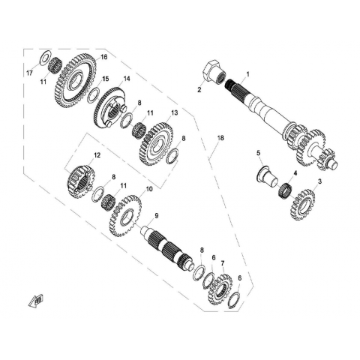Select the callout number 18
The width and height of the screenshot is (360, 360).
click(x=220, y=138)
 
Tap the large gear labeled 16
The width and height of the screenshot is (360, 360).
click(x=75, y=80)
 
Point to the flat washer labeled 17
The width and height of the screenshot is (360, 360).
click(x=46, y=58)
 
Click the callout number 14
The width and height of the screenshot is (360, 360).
click(x=127, y=79)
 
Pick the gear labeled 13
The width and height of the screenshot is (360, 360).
click(x=155, y=144)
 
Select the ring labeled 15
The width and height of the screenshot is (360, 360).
click(x=93, y=95)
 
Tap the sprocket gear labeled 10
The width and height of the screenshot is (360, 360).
click(x=125, y=216)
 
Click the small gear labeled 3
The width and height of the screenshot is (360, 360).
click(x=302, y=205)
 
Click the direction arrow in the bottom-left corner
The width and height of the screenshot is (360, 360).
click(x=37, y=299)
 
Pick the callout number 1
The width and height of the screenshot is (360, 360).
click(x=248, y=74)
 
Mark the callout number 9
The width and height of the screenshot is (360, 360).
click(x=157, y=216)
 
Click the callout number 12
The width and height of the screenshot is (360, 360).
click(x=97, y=155)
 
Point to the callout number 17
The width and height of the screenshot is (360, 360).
click(x=30, y=73)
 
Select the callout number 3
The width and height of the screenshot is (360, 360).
click(x=319, y=181)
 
